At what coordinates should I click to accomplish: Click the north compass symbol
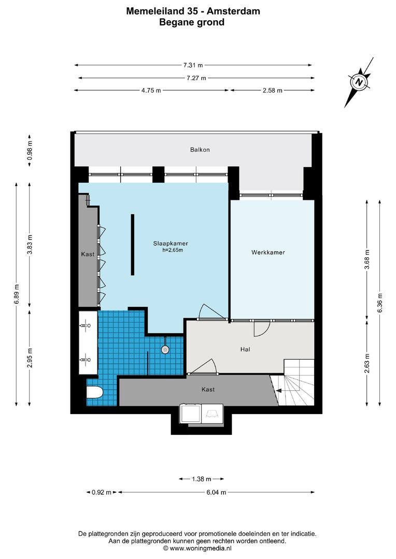tap(359, 82)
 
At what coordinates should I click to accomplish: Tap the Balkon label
tap(200, 150)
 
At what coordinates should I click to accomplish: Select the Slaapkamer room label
tap(170, 243)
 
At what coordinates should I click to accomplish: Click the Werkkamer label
tap(268, 253)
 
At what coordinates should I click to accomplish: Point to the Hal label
tap(246, 350)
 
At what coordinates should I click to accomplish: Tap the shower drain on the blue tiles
tap(165, 349)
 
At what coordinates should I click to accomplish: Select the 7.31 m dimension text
tap(193, 65)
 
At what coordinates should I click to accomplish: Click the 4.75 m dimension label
tap(151, 91)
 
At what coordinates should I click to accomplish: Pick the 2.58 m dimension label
tap(272, 91)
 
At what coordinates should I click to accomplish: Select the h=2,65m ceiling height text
tap(173, 250)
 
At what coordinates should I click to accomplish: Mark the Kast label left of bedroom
tap(87, 255)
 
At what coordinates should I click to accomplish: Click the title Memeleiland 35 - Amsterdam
tap(192, 10)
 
